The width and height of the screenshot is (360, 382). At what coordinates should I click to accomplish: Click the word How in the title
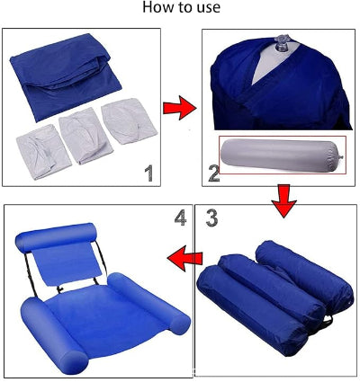click(158, 7)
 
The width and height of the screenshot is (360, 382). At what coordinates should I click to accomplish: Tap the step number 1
click(148, 173)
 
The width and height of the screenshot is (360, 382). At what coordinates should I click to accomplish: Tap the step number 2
click(213, 173)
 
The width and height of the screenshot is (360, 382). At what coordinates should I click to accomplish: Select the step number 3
click(211, 218)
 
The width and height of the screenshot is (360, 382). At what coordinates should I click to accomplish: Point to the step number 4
click(181, 218)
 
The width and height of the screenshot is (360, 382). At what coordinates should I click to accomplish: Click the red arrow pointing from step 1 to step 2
click(179, 108)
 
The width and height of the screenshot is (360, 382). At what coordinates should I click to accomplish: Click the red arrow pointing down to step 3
click(283, 201)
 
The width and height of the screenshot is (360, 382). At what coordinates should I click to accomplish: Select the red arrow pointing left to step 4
click(185, 258)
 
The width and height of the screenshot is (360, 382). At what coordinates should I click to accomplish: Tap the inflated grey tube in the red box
click(282, 155)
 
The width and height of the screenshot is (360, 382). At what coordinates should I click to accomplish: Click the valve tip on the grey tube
click(341, 156)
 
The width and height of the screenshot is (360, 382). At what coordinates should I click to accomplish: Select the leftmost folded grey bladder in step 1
click(43, 152)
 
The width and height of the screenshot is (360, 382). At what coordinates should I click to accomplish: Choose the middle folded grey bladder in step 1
click(85, 136)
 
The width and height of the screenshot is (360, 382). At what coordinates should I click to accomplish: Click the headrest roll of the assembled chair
click(55, 236)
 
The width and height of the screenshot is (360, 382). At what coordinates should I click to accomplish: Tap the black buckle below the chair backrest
click(60, 289)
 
